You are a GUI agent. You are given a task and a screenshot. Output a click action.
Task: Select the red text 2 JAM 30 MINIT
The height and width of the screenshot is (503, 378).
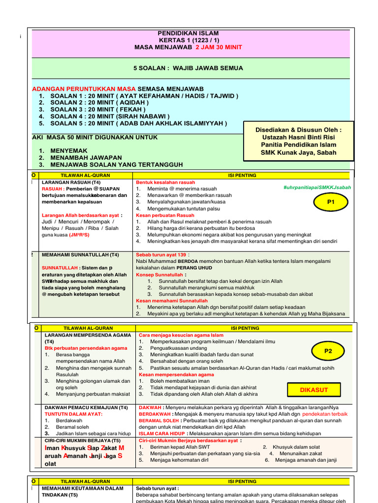[x=219, y=47]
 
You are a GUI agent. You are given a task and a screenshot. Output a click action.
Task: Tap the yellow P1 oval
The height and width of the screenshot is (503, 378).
[x=330, y=201]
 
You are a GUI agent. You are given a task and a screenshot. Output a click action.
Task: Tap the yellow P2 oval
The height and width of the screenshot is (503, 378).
[x=328, y=351]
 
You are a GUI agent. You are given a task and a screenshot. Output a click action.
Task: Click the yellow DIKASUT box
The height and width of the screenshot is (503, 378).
[x=314, y=390]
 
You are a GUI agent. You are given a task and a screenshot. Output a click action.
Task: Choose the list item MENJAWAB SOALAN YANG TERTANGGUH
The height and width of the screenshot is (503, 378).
[x=117, y=165]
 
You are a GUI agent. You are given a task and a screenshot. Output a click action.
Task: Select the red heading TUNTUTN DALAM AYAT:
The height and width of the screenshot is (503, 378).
[x=73, y=414]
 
